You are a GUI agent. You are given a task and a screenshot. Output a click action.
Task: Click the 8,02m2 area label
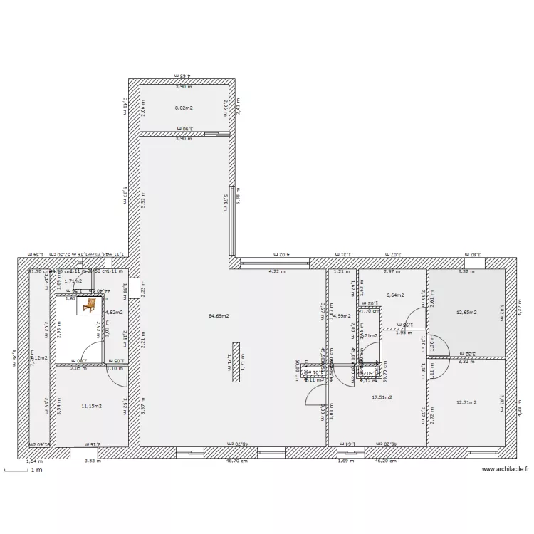coord(184,108)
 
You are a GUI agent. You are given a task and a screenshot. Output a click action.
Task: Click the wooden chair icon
coord(90,305)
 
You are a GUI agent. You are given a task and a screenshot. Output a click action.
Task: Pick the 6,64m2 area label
coord(395,295)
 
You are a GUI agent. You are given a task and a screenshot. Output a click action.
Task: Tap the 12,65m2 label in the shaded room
coord(466,312)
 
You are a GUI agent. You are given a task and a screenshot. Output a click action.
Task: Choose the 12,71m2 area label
coord(466,402)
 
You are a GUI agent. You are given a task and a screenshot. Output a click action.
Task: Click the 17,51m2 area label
coord(382,397)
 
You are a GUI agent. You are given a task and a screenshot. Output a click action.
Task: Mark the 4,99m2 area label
coord(342,315)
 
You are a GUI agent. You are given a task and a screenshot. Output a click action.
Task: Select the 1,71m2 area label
coord(73,281)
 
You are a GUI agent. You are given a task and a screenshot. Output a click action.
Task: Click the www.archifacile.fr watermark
coord(506,469)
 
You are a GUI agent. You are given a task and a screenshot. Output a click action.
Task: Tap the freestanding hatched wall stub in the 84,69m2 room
coord(236,363)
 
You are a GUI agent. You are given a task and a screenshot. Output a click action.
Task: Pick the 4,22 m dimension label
coord(276,271)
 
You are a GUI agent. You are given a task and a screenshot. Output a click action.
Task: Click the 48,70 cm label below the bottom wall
coord(236,461)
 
